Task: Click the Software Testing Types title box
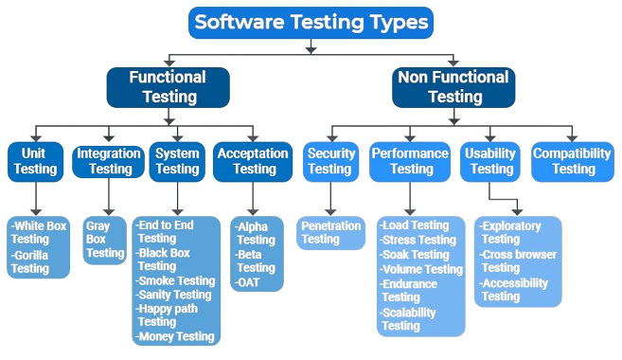click(x=311, y=22)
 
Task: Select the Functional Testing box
click(x=167, y=86)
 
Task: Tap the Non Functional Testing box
click(x=454, y=86)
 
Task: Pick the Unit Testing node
click(x=35, y=160)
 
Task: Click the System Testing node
click(x=177, y=160)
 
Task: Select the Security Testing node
click(x=330, y=160)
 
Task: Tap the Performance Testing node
click(x=410, y=160)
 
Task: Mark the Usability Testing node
click(x=491, y=160)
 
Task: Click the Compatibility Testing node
click(x=574, y=160)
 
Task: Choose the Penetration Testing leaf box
click(x=330, y=232)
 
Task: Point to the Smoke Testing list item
click(x=176, y=280)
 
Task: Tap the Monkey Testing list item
click(x=176, y=336)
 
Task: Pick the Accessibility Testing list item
click(x=514, y=289)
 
